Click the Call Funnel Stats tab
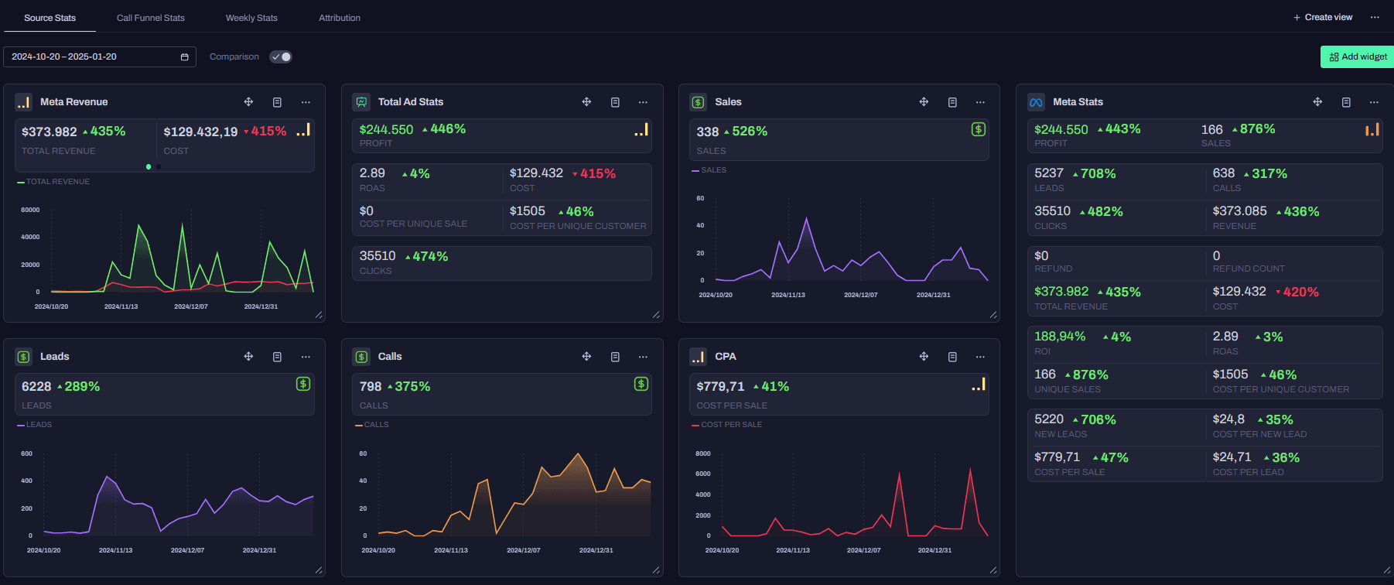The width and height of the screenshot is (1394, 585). pyautogui.click(x=150, y=18)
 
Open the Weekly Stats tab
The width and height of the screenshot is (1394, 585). pyautogui.click(x=251, y=18)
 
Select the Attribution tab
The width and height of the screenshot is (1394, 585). pyautogui.click(x=340, y=18)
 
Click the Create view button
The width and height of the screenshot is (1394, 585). pyautogui.click(x=1323, y=17)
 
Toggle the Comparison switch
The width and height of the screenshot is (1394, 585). pyautogui.click(x=281, y=56)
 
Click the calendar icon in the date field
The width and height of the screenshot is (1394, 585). pyautogui.click(x=184, y=57)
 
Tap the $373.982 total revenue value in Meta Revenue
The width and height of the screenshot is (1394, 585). pyautogui.click(x=50, y=132)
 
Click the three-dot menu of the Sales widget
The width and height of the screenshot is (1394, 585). pyautogui.click(x=980, y=102)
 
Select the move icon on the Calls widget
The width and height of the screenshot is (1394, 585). pyautogui.click(x=586, y=357)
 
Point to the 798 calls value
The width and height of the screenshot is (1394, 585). pyautogui.click(x=371, y=386)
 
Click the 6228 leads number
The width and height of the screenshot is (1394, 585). pyautogui.click(x=36, y=386)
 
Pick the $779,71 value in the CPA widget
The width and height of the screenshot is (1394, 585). pyautogui.click(x=720, y=386)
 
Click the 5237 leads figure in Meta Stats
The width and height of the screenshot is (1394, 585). pyautogui.click(x=1049, y=173)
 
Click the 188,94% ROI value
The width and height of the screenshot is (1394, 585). pyautogui.click(x=1060, y=337)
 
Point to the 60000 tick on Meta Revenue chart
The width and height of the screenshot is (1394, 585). pyautogui.click(x=30, y=210)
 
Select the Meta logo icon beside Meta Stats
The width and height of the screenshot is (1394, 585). pyautogui.click(x=1036, y=102)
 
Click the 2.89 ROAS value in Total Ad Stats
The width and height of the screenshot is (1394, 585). pyautogui.click(x=372, y=173)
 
